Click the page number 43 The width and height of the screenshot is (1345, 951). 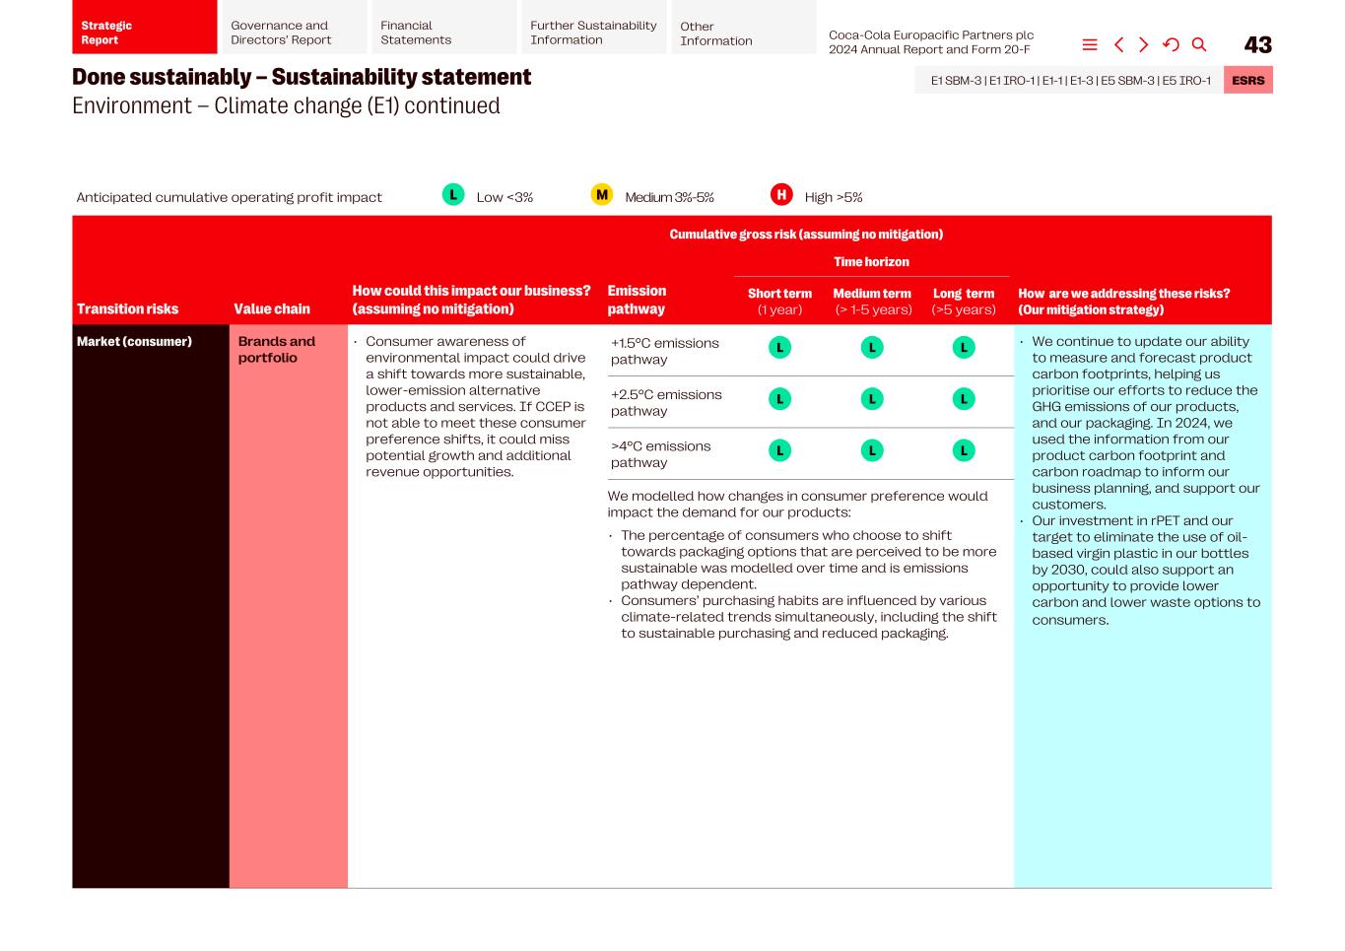tap(1257, 45)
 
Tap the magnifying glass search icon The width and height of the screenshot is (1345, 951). tap(1199, 45)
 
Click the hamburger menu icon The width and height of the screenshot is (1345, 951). tap(1090, 45)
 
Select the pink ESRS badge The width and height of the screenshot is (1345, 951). tap(1247, 81)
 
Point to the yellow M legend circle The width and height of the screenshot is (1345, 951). tap(601, 195)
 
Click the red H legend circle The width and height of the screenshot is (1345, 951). tap(781, 195)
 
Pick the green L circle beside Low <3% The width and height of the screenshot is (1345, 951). tap(453, 195)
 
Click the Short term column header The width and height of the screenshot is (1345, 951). tap(779, 301)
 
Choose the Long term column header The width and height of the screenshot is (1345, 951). tap(964, 301)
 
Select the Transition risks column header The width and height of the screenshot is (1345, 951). tap(128, 308)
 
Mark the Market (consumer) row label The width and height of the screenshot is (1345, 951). tap(135, 342)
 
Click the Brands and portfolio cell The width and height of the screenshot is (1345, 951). tap(277, 350)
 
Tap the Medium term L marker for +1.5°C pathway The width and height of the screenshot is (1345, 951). tap(872, 348)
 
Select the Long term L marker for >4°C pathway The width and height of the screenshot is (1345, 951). tap(964, 451)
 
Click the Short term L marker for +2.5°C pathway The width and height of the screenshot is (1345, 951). tap(779, 399)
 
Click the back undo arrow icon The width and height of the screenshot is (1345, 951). tap(1171, 45)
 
